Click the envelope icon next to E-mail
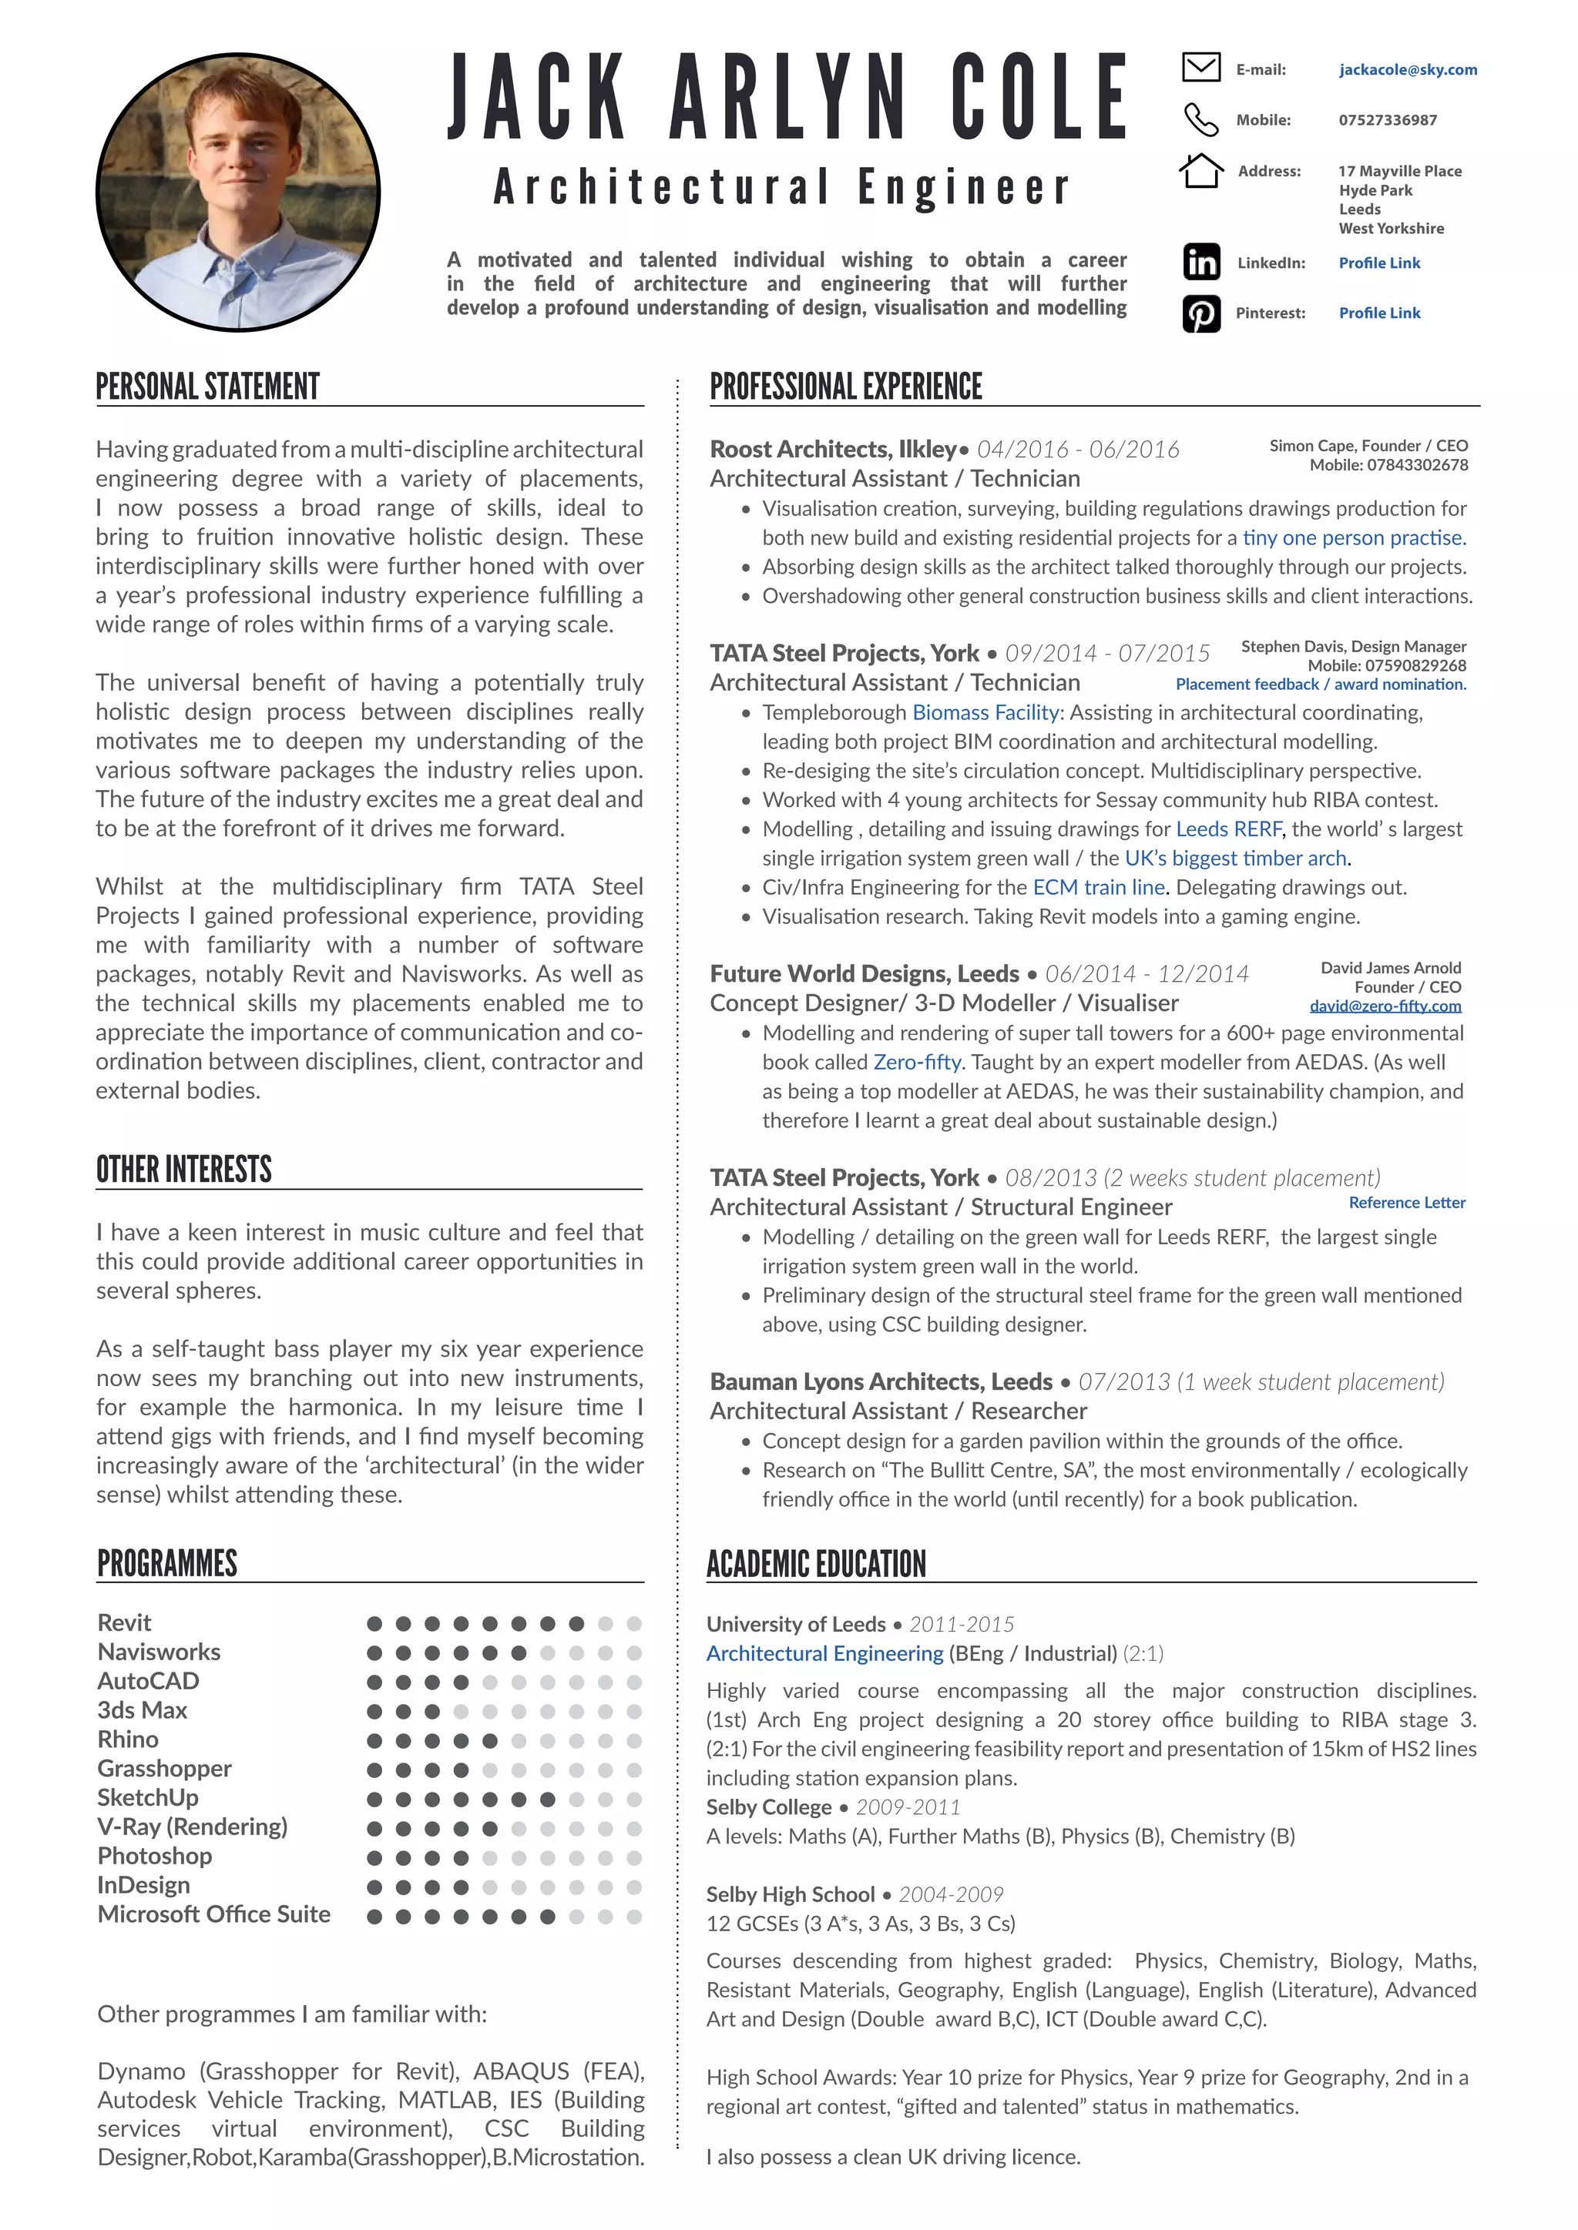1201,68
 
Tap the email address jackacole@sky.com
1407,70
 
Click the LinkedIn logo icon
1201,263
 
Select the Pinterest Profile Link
1378,313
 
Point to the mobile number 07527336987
1387,120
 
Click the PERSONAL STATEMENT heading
207,387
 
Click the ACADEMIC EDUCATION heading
815,1564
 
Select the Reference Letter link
1406,1203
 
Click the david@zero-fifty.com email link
1385,1006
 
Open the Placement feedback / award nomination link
1321,685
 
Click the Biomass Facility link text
985,712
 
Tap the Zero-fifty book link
916,1062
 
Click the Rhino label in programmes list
127,1739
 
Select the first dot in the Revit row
374,1623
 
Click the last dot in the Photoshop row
634,1858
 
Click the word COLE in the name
1038,97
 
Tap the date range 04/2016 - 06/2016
1078,450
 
